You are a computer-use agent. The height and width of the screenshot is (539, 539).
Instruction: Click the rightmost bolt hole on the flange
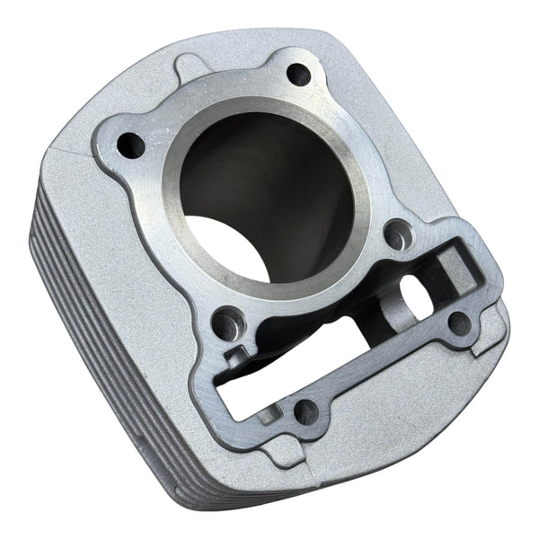point(460,323)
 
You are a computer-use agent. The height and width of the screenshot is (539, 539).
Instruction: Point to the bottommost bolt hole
point(305,411)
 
